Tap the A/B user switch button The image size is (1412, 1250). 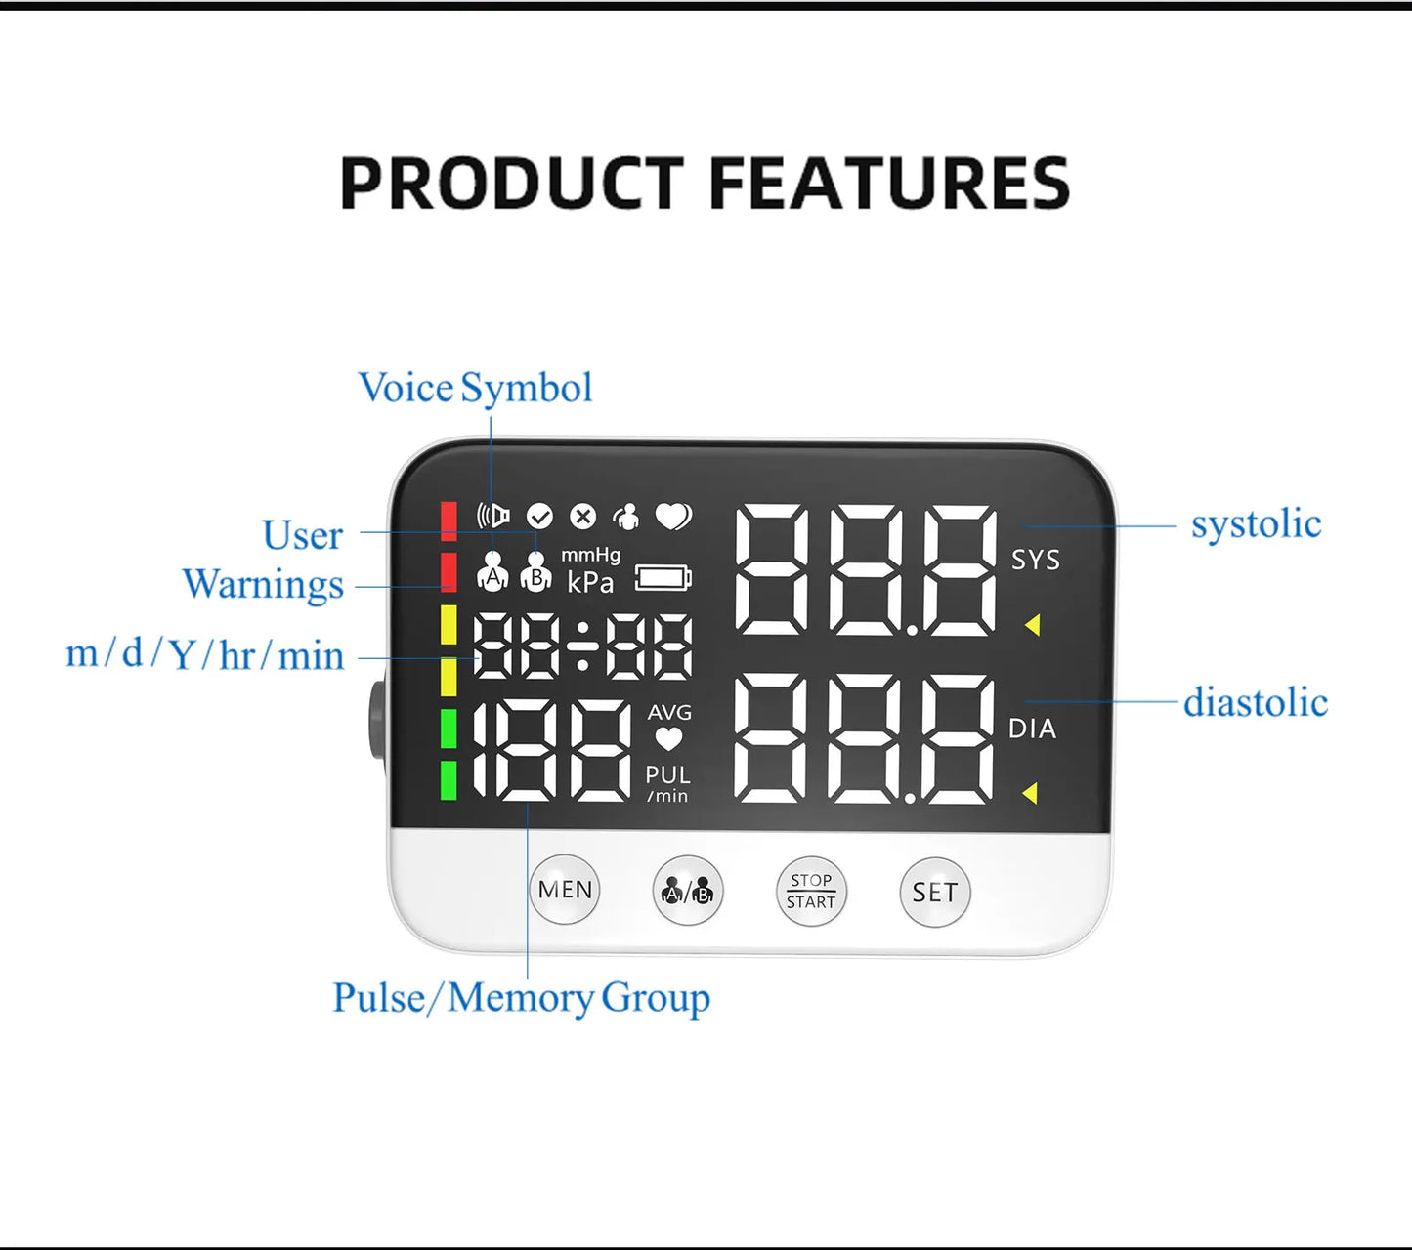688,891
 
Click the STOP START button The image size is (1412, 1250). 811,891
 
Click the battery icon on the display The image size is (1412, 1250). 663,578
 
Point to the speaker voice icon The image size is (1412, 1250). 493,515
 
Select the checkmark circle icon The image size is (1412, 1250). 539,516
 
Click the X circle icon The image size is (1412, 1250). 583,516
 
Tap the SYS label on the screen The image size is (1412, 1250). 1035,560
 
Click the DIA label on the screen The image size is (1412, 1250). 1032,729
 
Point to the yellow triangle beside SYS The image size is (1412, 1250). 1032,625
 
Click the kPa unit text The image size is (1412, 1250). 590,583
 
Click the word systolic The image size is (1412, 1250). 1256,524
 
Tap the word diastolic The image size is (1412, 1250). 1256,702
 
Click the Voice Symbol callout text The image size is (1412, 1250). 475,388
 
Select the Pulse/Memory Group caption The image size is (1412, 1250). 521,998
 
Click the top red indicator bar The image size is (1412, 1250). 449,521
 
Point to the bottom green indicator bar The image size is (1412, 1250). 449,780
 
